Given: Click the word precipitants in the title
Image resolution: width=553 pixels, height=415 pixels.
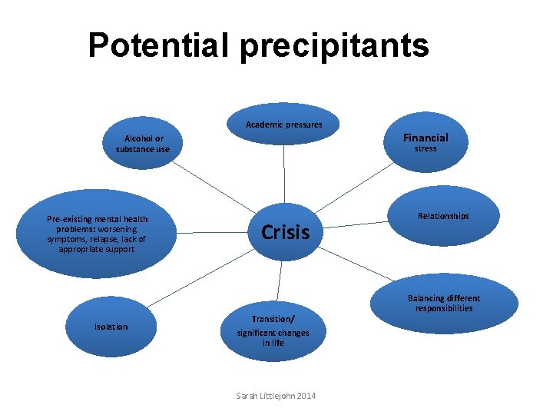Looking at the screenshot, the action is point(334,46).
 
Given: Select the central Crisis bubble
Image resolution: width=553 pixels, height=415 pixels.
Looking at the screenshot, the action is point(285,231).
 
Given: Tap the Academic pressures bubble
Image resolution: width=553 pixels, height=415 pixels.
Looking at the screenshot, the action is point(284,124).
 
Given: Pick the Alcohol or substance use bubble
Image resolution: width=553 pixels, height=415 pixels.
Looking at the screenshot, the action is point(143,144).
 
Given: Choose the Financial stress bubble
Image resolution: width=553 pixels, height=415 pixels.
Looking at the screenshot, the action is point(425,142).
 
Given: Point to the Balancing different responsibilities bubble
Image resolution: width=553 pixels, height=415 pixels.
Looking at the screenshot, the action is point(443,304).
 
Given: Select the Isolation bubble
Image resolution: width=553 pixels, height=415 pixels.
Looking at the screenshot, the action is point(111,327).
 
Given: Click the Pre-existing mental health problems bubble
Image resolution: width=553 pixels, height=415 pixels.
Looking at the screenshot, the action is point(97,234).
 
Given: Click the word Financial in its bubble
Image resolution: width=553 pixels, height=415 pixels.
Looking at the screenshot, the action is point(426,138).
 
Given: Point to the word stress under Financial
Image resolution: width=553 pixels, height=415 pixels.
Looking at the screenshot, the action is point(426,149).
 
